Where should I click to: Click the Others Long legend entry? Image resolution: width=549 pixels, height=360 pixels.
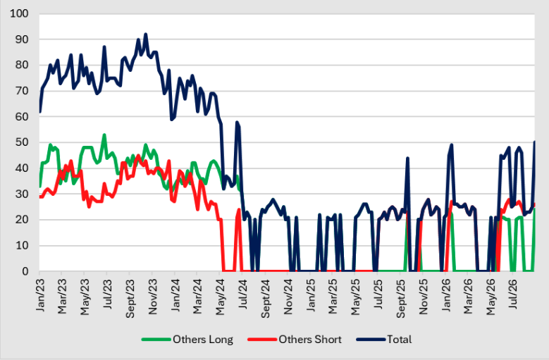(x=187, y=340)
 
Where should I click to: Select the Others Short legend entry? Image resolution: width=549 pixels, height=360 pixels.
(x=295, y=340)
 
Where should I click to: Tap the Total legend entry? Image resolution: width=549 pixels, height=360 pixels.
(x=384, y=340)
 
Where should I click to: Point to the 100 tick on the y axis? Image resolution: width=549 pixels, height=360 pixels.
(x=19, y=13)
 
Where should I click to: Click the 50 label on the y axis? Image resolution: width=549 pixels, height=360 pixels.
(x=23, y=142)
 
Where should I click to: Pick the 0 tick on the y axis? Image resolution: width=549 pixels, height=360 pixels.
(x=25, y=271)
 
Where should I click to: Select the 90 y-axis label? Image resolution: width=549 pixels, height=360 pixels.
(x=23, y=39)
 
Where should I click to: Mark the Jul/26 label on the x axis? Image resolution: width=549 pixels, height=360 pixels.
(x=513, y=293)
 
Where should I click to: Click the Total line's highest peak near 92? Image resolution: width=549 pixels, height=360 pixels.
(x=146, y=35)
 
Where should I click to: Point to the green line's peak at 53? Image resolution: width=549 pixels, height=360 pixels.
(x=104, y=135)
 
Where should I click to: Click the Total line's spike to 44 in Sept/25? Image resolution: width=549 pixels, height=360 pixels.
(x=407, y=158)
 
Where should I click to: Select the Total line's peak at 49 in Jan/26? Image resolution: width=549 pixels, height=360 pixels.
(x=451, y=145)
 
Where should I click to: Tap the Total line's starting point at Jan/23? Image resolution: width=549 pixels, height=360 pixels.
(x=40, y=112)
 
